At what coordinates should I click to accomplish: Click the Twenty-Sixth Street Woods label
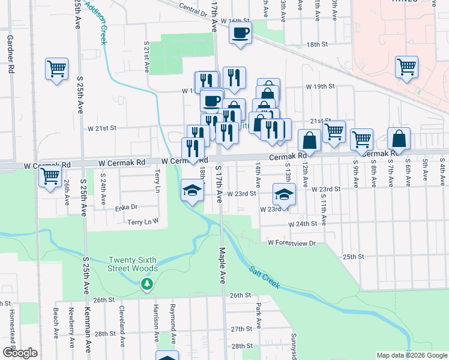point(133,264)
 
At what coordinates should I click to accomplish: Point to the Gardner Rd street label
point(10,54)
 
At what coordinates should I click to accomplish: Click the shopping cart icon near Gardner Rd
point(56,70)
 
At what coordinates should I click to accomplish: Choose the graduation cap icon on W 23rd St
point(284,193)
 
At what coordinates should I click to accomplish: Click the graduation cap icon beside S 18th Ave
point(192,191)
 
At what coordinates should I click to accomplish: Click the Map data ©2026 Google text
point(411,355)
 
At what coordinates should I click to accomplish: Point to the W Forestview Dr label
point(292,242)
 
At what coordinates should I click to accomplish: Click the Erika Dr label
point(126,208)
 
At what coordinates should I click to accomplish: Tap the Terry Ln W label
point(143,221)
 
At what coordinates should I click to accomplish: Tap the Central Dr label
point(192,8)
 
